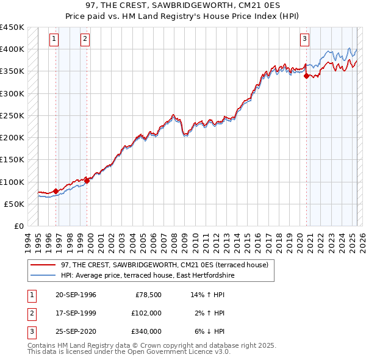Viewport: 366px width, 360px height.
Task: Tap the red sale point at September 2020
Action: click(x=306, y=76)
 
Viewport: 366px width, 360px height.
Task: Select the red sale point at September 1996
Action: click(x=56, y=191)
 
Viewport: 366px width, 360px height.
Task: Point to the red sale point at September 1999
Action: click(x=87, y=181)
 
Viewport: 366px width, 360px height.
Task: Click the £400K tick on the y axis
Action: click(x=12, y=49)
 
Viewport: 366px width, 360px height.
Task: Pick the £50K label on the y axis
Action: click(x=14, y=204)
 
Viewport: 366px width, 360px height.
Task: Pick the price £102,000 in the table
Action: click(x=146, y=313)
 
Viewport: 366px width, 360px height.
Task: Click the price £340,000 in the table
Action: click(x=146, y=331)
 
